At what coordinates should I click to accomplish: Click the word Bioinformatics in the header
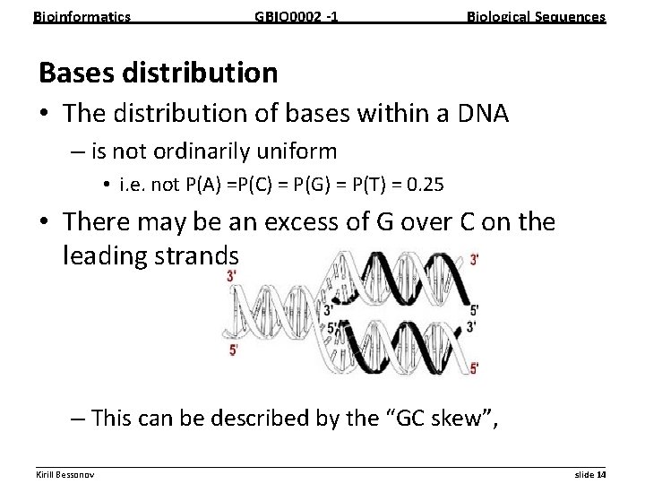(x=82, y=16)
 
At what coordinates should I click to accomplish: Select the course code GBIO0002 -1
(x=297, y=16)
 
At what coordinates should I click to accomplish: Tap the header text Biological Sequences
(x=537, y=16)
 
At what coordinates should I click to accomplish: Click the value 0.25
(x=426, y=187)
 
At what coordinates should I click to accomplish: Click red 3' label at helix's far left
(x=233, y=277)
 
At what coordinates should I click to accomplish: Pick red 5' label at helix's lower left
(x=234, y=350)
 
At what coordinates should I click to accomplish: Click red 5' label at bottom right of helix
(x=474, y=367)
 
